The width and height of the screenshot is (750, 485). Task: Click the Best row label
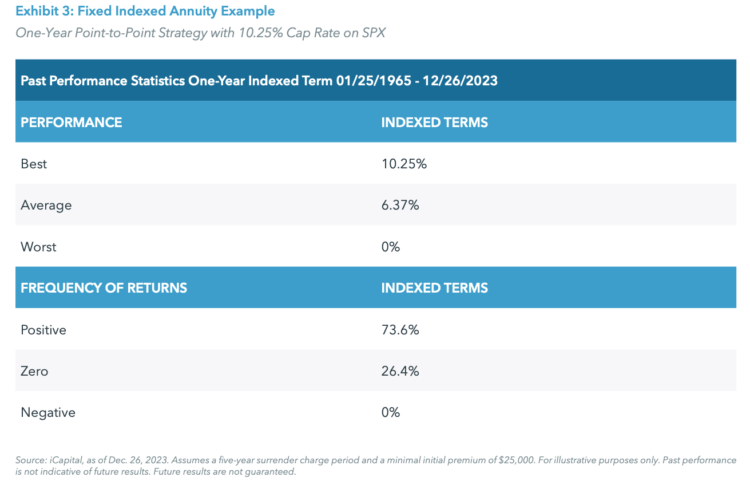(34, 164)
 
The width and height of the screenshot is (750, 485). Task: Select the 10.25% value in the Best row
(404, 164)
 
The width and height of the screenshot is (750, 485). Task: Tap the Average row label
(46, 205)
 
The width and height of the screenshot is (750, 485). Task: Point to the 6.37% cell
(400, 205)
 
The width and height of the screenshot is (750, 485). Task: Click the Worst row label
(38, 247)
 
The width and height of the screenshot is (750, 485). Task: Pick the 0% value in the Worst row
(390, 247)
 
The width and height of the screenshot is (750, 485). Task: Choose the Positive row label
(43, 330)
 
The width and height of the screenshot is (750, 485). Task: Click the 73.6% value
(400, 330)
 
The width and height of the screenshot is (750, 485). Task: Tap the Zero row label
(34, 371)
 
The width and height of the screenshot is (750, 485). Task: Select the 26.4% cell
(400, 371)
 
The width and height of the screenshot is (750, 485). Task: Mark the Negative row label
(48, 412)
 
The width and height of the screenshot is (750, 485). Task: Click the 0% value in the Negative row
(390, 412)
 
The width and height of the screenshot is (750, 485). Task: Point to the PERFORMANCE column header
(72, 123)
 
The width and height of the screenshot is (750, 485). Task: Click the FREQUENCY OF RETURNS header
(104, 288)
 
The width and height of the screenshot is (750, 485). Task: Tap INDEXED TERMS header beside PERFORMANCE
(434, 123)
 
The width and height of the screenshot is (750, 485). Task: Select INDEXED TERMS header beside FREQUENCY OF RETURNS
(434, 288)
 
